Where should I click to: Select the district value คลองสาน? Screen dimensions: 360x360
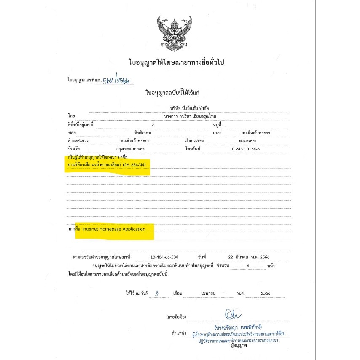(x=247, y=140)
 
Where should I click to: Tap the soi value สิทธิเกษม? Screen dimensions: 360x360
(x=132, y=133)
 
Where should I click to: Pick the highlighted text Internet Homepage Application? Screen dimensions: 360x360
(x=114, y=229)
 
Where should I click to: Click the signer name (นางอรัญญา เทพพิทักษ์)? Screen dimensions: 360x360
(x=238, y=327)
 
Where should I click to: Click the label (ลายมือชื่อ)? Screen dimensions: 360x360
(x=177, y=316)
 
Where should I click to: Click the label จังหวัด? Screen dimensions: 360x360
(x=73, y=149)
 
